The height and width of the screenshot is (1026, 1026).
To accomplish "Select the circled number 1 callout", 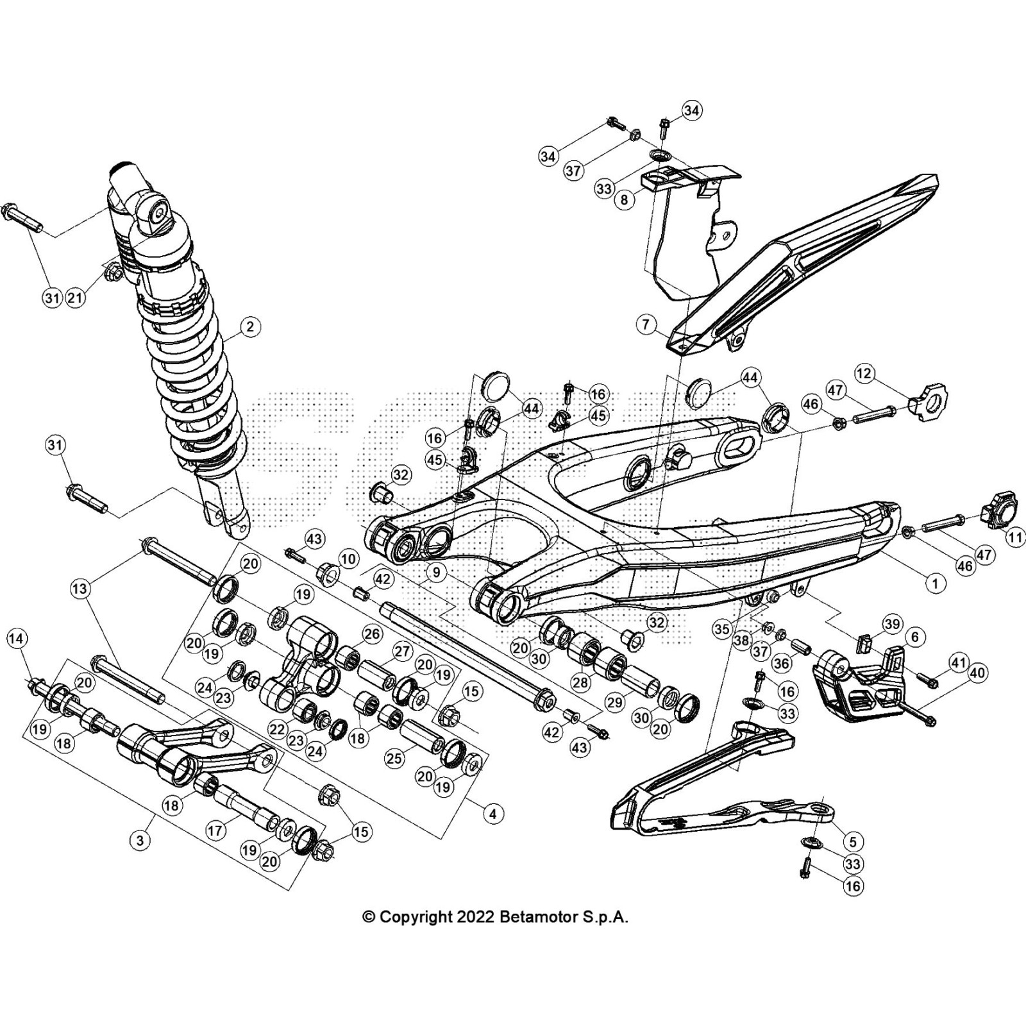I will click(934, 583).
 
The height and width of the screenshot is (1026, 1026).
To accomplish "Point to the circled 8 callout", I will click(623, 199).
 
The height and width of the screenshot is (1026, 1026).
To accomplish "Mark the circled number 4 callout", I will click(492, 814).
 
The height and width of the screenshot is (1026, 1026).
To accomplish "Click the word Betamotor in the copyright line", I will click(536, 917).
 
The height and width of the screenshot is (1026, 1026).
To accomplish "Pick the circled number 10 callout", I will click(348, 559).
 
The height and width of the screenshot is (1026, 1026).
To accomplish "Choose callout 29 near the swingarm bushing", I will click(615, 703).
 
